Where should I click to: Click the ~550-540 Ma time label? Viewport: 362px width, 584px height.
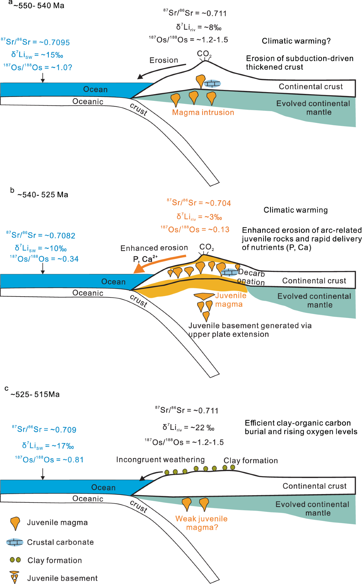point(39,6)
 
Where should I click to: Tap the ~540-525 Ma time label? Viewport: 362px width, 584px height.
point(43,195)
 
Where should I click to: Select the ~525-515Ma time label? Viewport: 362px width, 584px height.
point(35,394)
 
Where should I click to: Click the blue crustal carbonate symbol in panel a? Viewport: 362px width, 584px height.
point(212,84)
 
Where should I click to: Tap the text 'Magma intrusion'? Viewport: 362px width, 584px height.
point(203,112)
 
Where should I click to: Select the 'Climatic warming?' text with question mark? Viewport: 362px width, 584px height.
point(296,41)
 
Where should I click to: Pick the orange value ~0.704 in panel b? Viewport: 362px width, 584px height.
point(218,203)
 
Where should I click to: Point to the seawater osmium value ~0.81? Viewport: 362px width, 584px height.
point(73,460)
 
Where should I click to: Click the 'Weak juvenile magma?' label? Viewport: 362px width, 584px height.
point(202,523)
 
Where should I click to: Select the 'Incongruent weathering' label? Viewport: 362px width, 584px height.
point(160,460)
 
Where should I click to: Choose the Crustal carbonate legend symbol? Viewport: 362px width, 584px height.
point(15,542)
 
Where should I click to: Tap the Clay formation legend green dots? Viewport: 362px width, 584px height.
point(15,560)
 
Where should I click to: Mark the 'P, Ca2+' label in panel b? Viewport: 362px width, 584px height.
point(145,259)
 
